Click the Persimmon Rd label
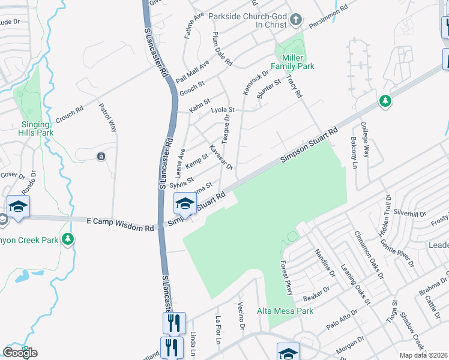(328, 19)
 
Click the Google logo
(20, 352)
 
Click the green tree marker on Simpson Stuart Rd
(385, 101)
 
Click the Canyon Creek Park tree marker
(68, 239)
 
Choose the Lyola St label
(222, 110)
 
